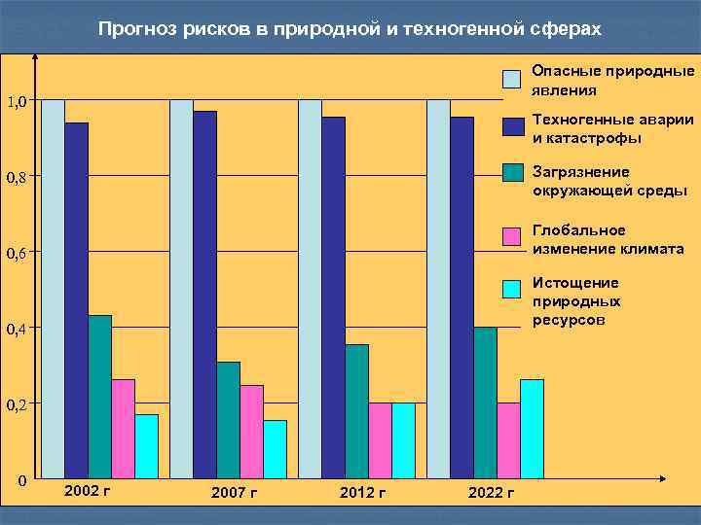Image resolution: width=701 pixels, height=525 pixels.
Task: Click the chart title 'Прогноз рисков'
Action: (350, 30)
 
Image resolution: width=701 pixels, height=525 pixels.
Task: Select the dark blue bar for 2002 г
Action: (76, 300)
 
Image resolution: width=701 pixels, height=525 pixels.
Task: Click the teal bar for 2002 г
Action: (99, 397)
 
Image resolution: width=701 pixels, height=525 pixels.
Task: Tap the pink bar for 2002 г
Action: (123, 429)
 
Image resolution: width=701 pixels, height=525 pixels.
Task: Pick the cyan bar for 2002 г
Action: (146, 446)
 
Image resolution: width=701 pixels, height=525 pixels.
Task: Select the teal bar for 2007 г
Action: (228, 420)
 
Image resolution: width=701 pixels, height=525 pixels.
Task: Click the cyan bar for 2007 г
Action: (275, 449)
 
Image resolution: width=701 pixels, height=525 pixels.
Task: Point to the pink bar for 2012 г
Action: (380, 440)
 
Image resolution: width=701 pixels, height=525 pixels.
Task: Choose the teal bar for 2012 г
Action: (356, 411)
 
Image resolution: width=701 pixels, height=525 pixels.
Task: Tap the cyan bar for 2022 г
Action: (532, 429)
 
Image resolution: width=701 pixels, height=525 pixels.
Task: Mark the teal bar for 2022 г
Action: (485, 402)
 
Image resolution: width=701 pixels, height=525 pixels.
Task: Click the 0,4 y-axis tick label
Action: (17, 330)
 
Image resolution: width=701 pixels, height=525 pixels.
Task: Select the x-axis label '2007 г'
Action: (234, 493)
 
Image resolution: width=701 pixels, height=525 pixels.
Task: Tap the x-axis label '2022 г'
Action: (492, 493)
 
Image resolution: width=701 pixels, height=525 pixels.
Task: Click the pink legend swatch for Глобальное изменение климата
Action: (513, 236)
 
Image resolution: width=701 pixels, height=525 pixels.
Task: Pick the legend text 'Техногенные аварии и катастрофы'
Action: (612, 128)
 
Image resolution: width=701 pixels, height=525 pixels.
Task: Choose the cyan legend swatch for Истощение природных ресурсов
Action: (513, 290)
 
